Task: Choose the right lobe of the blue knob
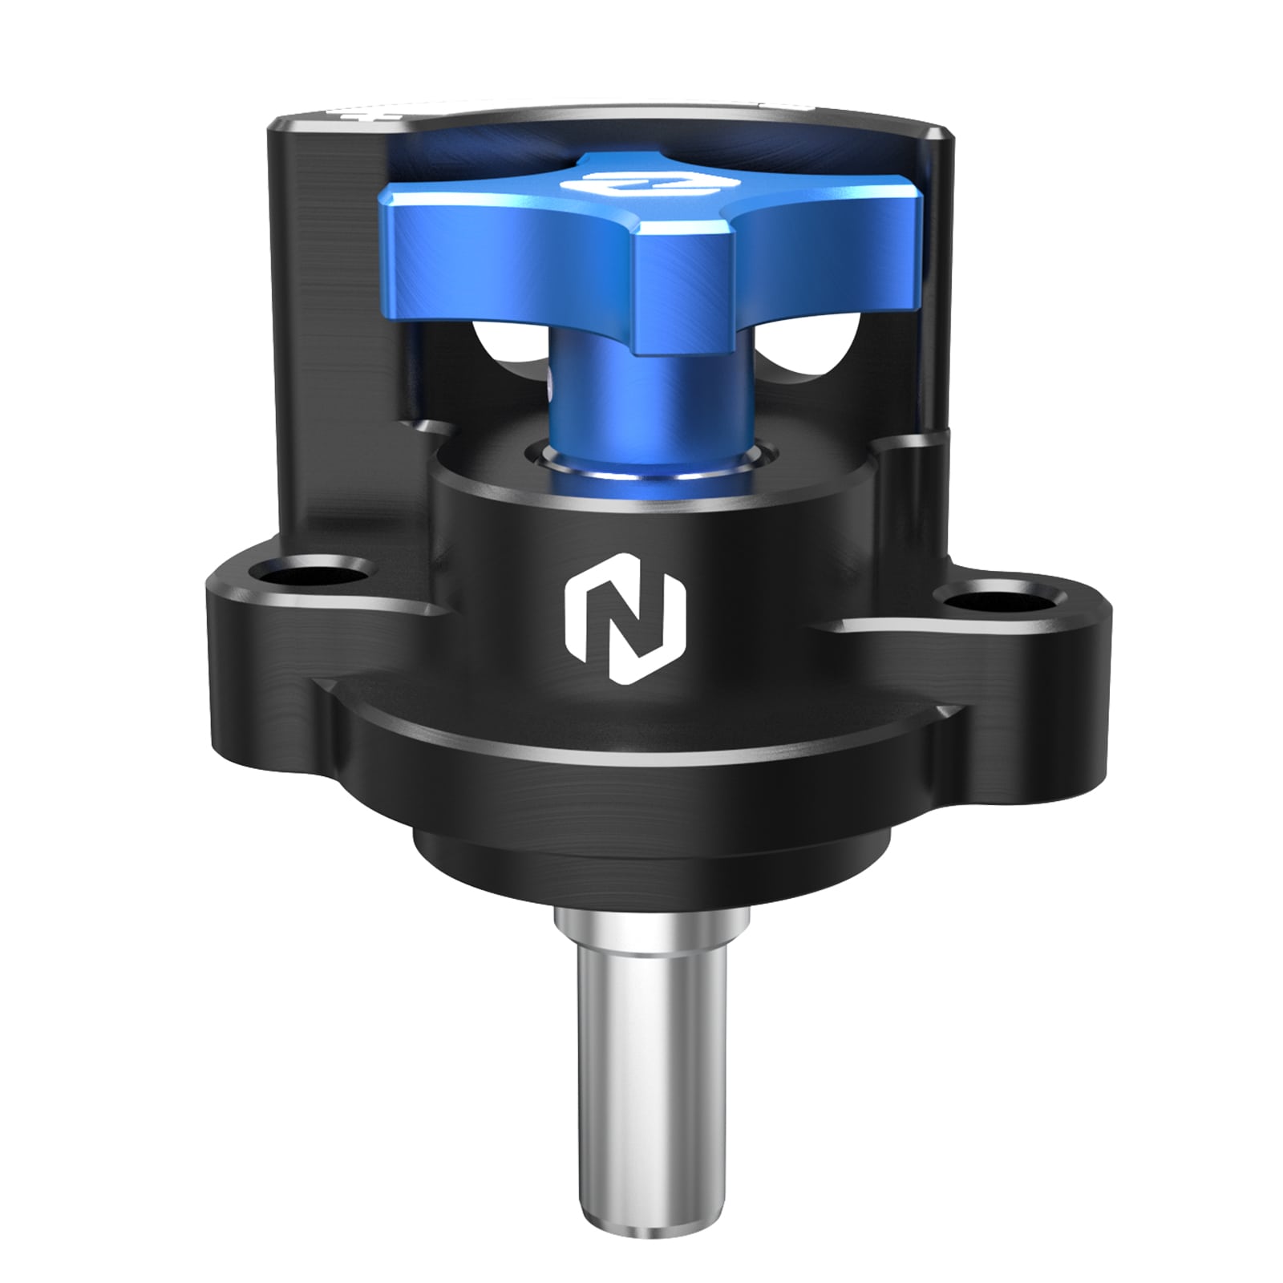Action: click(x=850, y=241)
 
